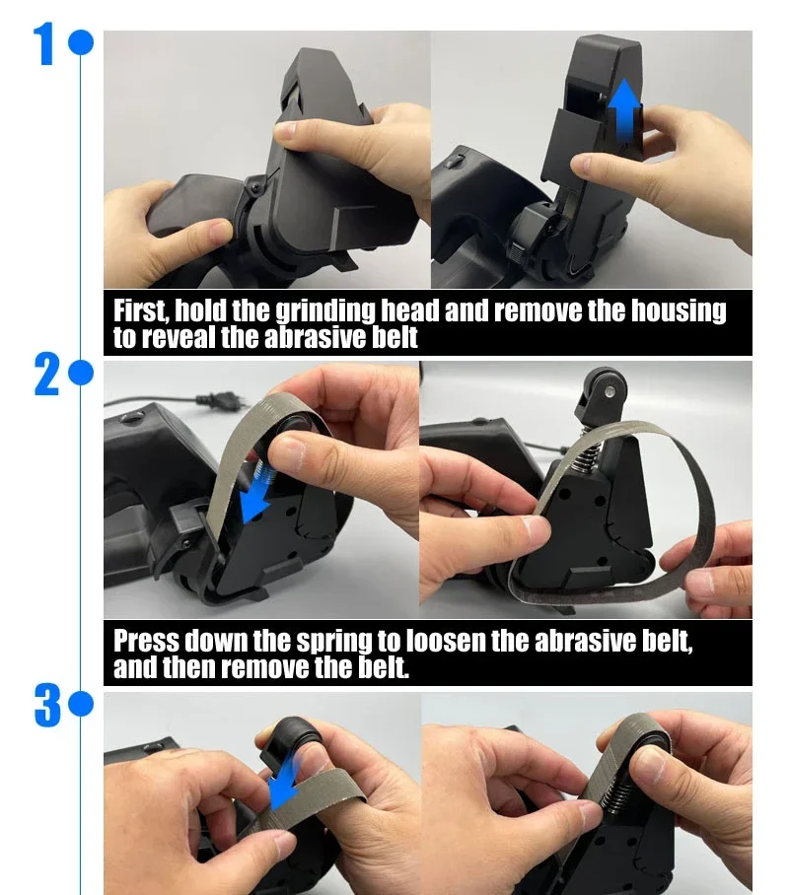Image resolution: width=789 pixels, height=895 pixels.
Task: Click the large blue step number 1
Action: pos(45,43)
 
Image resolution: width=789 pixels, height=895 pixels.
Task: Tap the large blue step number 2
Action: pos(47,374)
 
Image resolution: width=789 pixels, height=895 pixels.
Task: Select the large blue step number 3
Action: pos(47,706)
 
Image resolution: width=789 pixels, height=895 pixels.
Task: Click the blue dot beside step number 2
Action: pos(81,374)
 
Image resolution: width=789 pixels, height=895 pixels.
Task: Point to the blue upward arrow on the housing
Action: pos(624,109)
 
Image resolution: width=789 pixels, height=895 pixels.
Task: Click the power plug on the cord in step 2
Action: pos(223,401)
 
